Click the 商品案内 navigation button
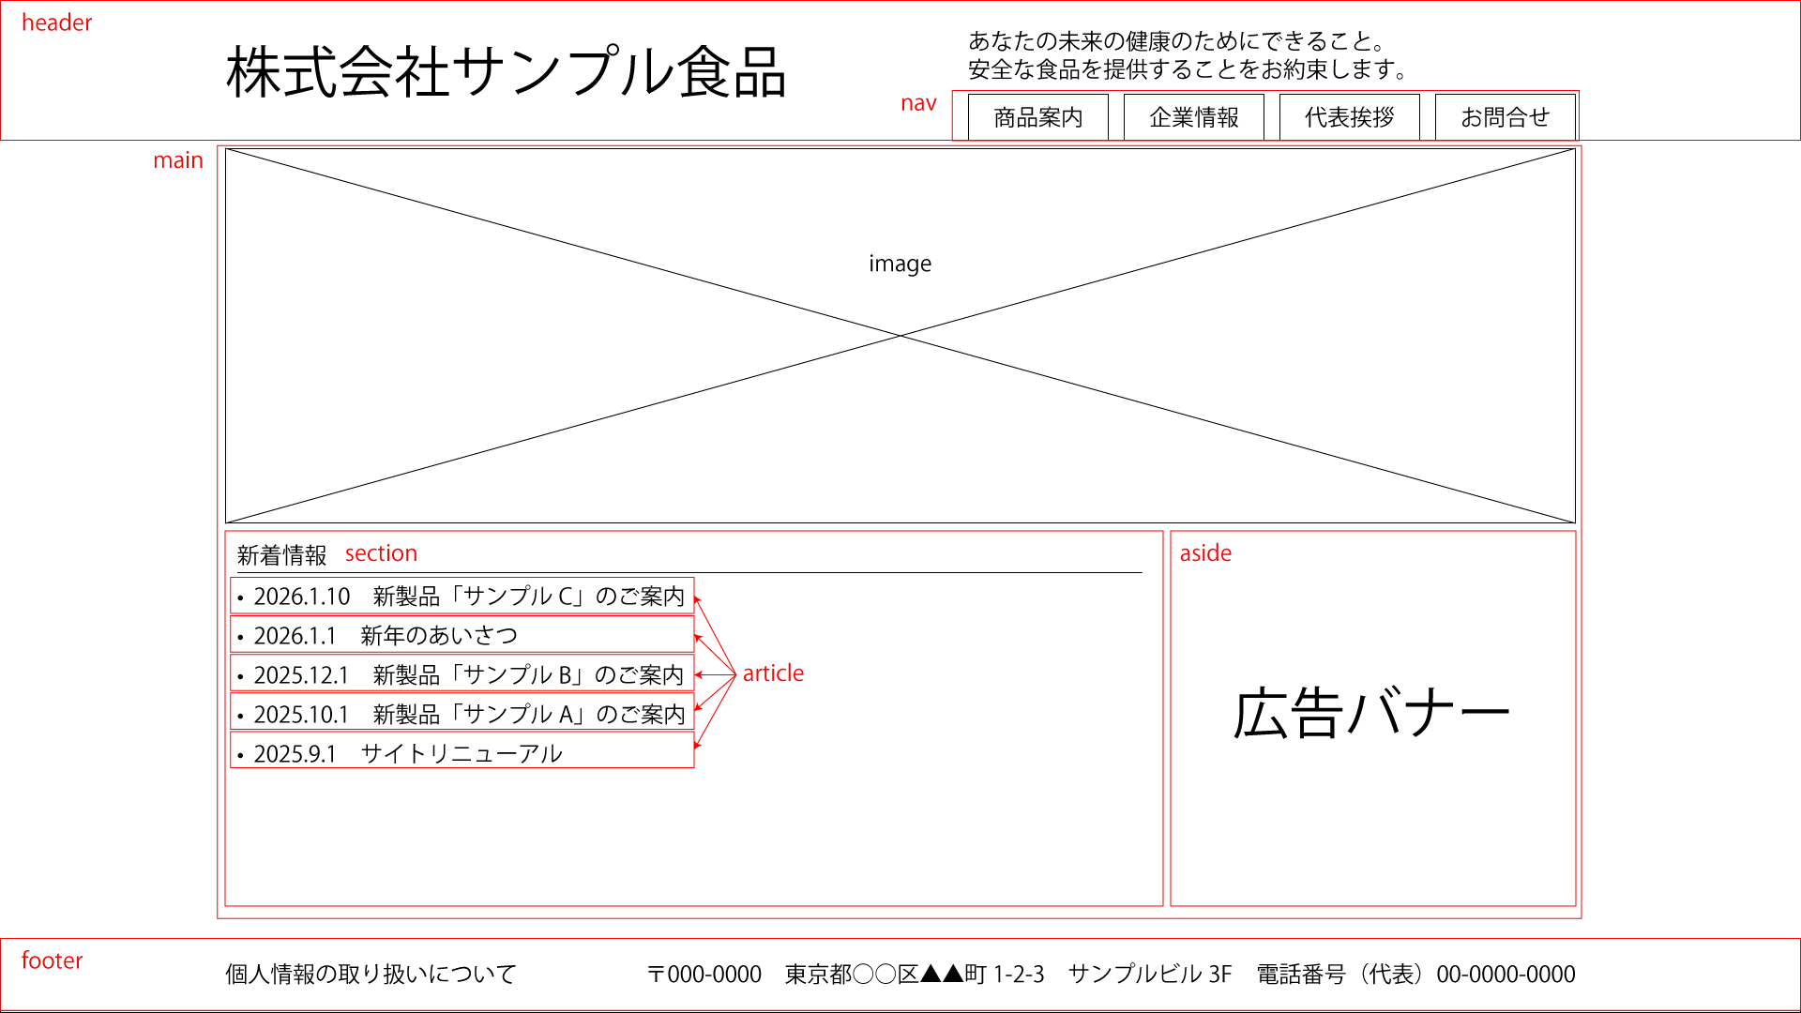(x=1037, y=117)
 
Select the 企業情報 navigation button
(x=1193, y=117)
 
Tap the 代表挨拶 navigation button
(x=1349, y=117)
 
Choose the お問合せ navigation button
(x=1505, y=117)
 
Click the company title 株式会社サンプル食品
(x=506, y=72)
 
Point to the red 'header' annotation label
(x=56, y=23)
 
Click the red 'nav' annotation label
(x=918, y=103)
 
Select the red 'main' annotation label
(x=177, y=160)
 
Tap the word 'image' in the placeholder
(x=900, y=264)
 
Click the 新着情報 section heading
(x=281, y=555)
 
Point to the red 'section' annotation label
(x=381, y=553)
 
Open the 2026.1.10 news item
(x=462, y=597)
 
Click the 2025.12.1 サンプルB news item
(x=462, y=675)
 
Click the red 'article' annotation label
(x=773, y=673)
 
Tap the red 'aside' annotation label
(x=1205, y=553)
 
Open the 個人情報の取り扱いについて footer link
(x=371, y=975)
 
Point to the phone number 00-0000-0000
(x=1506, y=975)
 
